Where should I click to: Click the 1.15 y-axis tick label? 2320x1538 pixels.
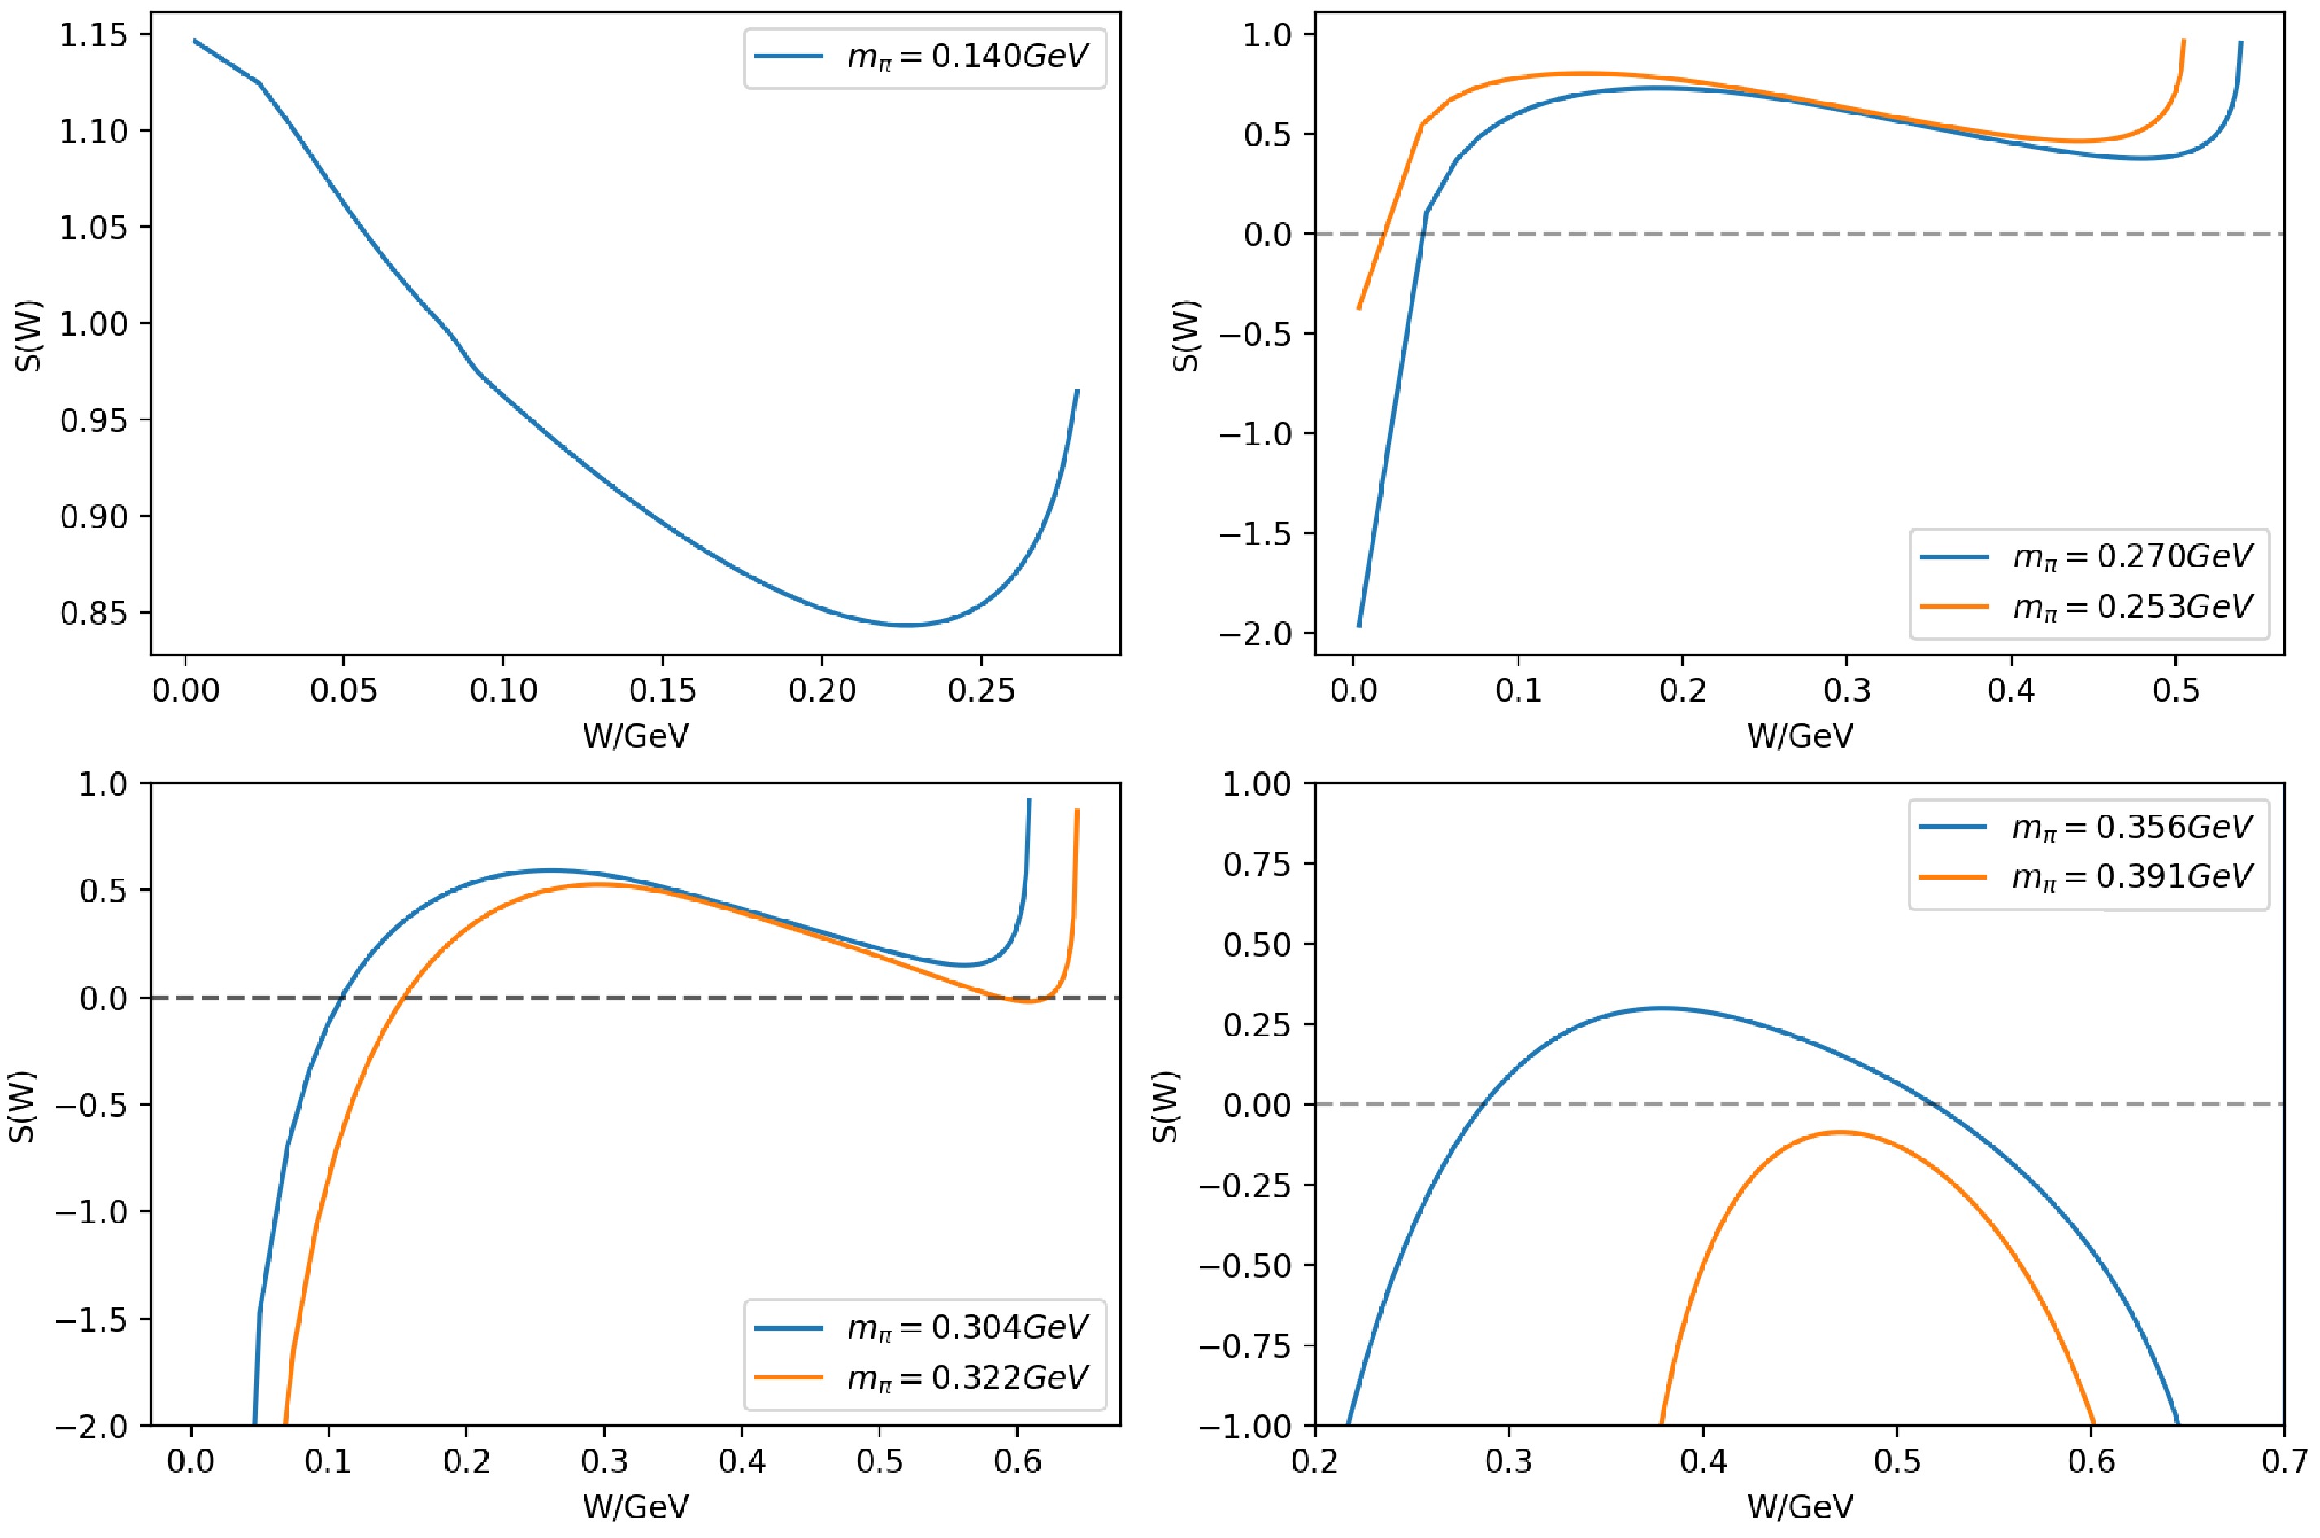[93, 35]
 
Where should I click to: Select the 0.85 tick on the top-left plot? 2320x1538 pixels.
[93, 613]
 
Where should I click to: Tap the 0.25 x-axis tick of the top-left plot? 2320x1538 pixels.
[980, 690]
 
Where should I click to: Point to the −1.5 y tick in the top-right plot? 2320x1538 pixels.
[1255, 533]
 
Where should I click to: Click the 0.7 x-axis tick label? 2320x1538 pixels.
[2283, 1462]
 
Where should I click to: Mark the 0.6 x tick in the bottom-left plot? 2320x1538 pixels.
[1018, 1462]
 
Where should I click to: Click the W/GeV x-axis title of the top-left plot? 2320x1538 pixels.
[636, 736]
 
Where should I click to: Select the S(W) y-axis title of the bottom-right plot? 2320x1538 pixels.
[1165, 1105]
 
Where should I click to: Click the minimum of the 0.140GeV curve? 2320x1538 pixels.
[907, 625]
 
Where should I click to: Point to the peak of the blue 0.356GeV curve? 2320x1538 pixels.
[1662, 1007]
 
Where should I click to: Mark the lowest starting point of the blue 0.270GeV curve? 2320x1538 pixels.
[1359, 626]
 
